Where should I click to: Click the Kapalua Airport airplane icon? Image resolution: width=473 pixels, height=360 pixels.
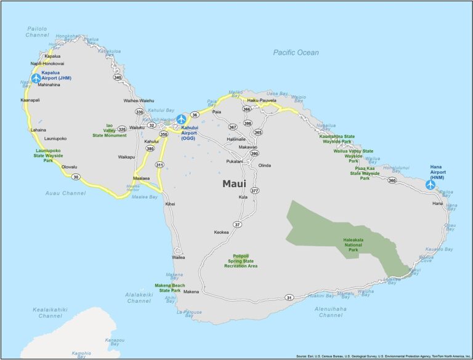pyautogui.click(x=36, y=78)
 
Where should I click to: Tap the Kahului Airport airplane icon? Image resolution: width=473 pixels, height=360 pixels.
pyautogui.click(x=181, y=119)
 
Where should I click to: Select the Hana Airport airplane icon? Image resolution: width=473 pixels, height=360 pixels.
pyautogui.click(x=431, y=184)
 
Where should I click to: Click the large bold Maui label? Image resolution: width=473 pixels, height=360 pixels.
pyautogui.click(x=234, y=183)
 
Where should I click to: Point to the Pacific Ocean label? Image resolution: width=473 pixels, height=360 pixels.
pyautogui.click(x=296, y=53)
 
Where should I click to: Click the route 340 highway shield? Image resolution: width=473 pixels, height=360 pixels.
pyautogui.click(x=117, y=78)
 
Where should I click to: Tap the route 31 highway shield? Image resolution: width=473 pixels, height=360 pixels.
pyautogui.click(x=289, y=298)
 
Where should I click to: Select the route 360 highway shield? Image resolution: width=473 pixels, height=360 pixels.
pyautogui.click(x=392, y=180)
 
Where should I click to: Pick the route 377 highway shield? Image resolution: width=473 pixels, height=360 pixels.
pyautogui.click(x=254, y=191)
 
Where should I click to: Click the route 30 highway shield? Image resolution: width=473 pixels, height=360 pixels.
pyautogui.click(x=76, y=177)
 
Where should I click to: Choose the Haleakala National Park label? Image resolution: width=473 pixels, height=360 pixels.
pyautogui.click(x=362, y=245)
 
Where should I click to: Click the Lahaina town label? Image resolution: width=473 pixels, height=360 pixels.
pyautogui.click(x=38, y=130)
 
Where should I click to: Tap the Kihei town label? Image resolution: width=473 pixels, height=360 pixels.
pyautogui.click(x=170, y=204)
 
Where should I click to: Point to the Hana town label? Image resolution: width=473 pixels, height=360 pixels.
pyautogui.click(x=437, y=202)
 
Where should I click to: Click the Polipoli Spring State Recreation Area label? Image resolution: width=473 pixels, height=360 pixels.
pyautogui.click(x=241, y=261)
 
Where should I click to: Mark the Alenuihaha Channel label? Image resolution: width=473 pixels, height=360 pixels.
pyautogui.click(x=331, y=311)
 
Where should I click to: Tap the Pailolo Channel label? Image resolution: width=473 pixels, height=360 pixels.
pyautogui.click(x=38, y=32)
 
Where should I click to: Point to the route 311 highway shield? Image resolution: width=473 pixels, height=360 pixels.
pyautogui.click(x=160, y=165)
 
